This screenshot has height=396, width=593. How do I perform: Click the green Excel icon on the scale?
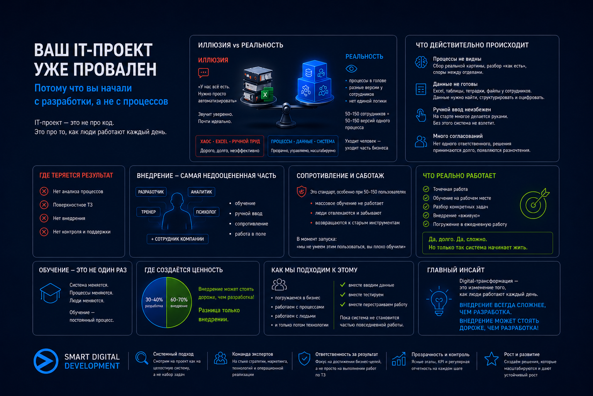tap(265, 95)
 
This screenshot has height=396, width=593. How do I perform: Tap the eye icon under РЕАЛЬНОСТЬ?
tap(351, 69)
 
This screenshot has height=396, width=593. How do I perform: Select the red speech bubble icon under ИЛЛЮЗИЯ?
tap(203, 73)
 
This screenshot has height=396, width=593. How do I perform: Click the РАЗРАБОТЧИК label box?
tap(151, 192)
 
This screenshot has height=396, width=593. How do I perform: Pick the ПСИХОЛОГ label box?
tap(206, 212)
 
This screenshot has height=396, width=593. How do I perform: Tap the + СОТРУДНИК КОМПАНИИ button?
tap(177, 239)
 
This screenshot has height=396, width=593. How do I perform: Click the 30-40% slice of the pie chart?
tap(154, 302)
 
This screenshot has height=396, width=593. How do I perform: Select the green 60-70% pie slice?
tap(179, 302)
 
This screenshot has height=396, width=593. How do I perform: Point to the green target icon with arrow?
tap(534, 204)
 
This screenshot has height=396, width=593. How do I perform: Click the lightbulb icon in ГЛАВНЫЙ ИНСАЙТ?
tap(439, 301)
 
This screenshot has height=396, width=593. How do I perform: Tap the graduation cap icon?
tap(50, 293)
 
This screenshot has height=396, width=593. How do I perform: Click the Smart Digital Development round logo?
tap(46, 361)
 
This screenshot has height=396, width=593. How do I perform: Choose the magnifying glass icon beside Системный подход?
tap(142, 358)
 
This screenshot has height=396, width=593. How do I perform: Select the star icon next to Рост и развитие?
tap(491, 359)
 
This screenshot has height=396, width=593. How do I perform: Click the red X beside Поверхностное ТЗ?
tap(44, 205)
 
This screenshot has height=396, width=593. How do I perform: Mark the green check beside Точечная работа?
tap(426, 189)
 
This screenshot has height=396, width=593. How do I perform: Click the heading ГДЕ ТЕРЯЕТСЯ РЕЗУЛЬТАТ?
tap(76, 175)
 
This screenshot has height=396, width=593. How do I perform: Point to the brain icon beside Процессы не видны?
tap(421, 62)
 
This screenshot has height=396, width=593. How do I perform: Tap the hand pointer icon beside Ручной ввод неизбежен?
tap(421, 115)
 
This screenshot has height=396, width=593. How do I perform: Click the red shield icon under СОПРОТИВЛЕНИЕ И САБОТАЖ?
tap(302, 191)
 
